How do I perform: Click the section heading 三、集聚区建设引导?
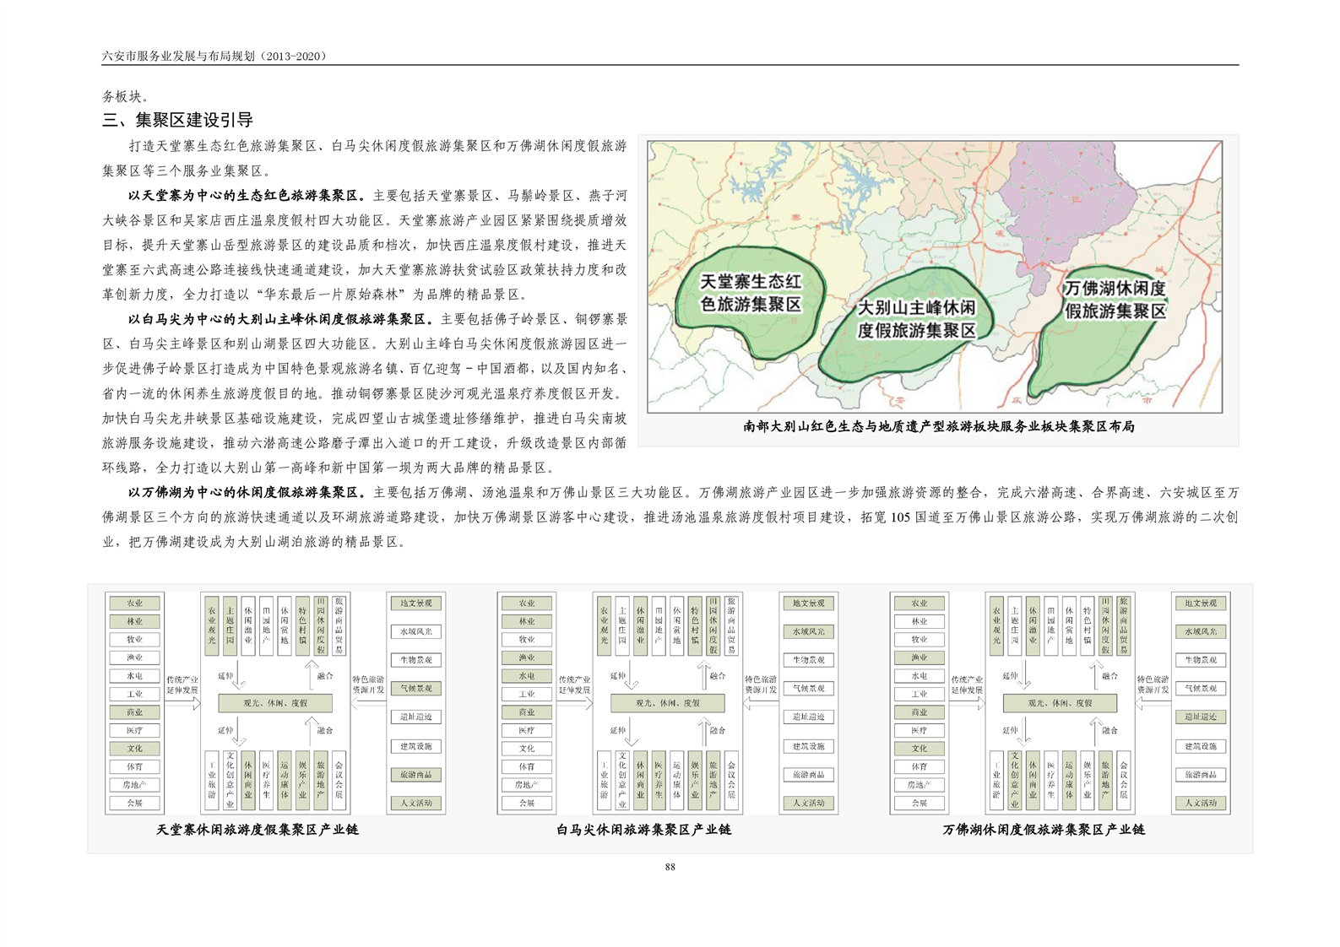point(177,120)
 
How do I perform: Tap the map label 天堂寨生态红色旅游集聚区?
point(751,292)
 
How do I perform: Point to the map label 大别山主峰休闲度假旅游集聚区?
point(916,319)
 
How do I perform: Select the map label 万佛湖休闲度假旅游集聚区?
point(1115,300)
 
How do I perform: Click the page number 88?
point(670,867)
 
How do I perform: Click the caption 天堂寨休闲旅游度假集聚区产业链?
point(258,830)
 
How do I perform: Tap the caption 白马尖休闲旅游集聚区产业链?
point(643,830)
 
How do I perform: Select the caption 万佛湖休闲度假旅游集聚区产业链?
point(1044,830)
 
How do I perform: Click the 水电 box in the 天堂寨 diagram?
point(135,676)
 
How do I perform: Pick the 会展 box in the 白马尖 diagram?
point(527,804)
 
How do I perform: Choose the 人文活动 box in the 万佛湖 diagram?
point(1200,803)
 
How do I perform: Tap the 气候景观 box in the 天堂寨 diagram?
point(415,689)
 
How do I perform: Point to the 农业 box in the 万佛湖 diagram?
point(919,603)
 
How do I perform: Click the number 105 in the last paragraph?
point(900,517)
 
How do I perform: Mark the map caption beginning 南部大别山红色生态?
point(938,427)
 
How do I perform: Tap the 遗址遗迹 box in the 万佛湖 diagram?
point(1200,717)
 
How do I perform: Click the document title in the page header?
point(214,56)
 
